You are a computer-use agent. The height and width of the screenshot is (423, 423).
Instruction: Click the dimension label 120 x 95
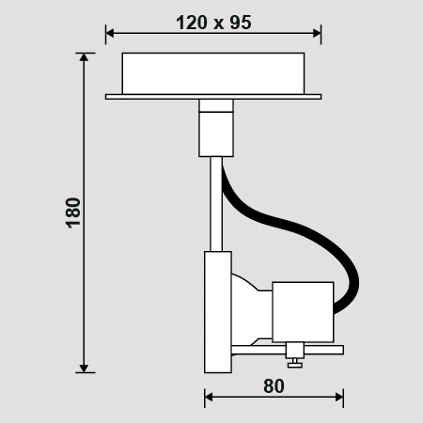point(213,23)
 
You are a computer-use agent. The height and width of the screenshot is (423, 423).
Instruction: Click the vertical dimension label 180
point(74,212)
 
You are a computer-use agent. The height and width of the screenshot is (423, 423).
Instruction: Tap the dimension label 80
point(274,386)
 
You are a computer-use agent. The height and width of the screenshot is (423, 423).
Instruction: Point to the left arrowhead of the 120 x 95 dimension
point(110,33)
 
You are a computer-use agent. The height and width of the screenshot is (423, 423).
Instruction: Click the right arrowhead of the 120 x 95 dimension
point(317,33)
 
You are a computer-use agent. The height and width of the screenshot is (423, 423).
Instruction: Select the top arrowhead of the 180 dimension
point(84,56)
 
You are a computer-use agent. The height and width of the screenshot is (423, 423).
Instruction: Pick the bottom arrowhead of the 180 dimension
point(84,368)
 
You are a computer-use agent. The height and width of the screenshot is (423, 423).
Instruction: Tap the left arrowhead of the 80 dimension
point(209,398)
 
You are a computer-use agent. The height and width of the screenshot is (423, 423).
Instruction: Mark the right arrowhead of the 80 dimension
point(339,398)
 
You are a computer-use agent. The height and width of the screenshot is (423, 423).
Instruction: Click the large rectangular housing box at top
point(213,73)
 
